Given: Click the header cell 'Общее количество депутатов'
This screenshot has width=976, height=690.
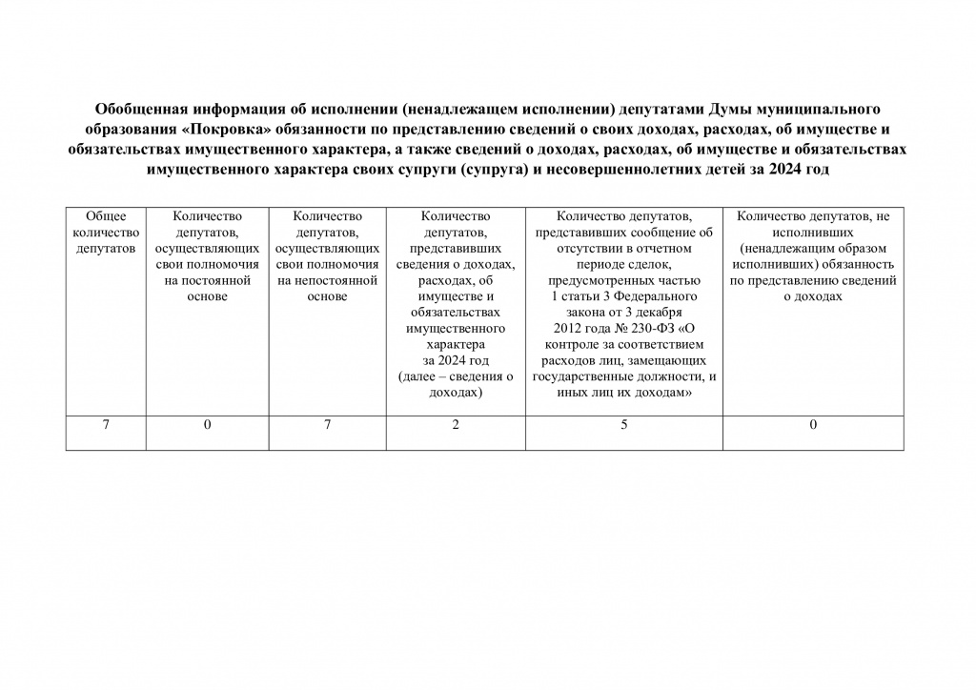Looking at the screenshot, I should tap(106, 233).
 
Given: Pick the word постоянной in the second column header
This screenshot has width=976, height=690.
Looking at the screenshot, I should tap(213, 280).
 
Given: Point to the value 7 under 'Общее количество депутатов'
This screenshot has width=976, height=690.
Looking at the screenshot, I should tap(106, 425).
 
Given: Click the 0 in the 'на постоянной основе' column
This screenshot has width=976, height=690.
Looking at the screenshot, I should tap(207, 425).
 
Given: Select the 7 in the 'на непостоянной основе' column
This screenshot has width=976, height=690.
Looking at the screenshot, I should tap(327, 425).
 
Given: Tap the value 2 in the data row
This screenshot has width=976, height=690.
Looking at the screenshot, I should tap(456, 425).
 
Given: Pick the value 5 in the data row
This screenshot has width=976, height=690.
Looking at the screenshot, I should tap(624, 425).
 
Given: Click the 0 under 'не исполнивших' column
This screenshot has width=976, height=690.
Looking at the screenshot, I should tap(813, 425).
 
